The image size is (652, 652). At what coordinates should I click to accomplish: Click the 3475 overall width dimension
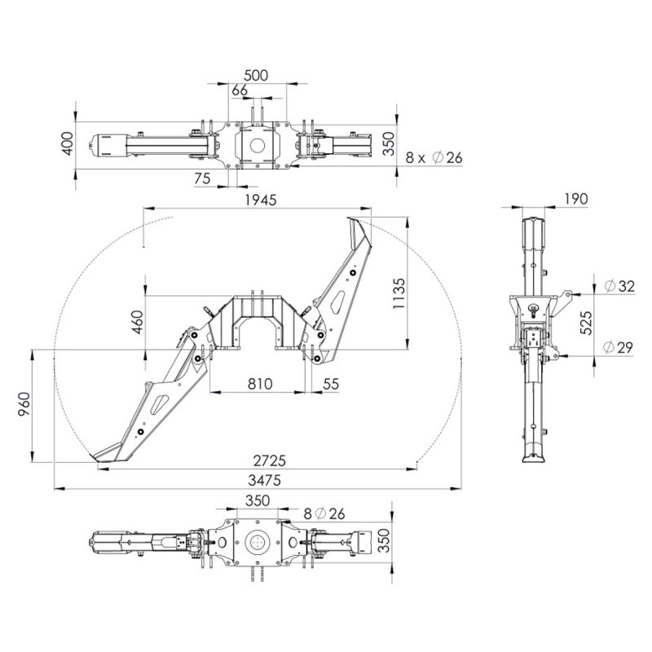(264, 480)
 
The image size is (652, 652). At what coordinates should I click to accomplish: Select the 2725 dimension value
(270, 460)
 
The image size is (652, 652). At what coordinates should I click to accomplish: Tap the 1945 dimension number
(261, 200)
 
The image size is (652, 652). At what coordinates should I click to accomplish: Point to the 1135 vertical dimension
(399, 293)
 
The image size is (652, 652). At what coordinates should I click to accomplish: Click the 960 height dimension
(24, 404)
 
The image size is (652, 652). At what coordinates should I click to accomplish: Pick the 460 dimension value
(137, 322)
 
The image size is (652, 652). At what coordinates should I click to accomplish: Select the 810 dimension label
(260, 384)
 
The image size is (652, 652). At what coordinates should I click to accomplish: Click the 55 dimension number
(331, 384)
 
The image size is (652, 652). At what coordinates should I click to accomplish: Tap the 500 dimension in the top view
(256, 76)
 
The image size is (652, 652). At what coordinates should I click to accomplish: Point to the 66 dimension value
(240, 90)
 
